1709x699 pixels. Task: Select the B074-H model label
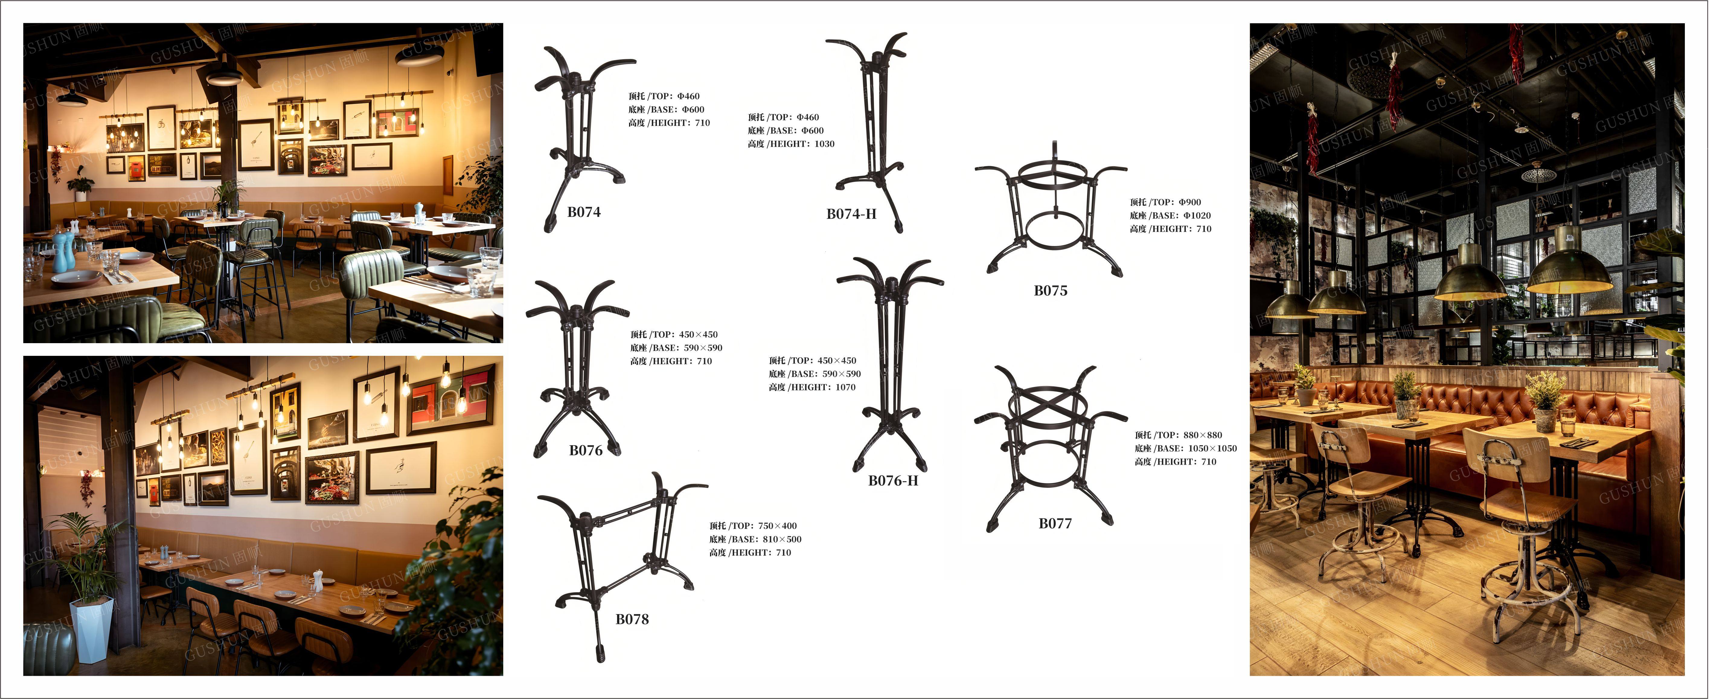[851, 214]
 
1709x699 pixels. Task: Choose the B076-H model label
[893, 481]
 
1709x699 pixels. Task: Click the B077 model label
[1055, 523]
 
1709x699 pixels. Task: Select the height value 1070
[845, 387]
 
